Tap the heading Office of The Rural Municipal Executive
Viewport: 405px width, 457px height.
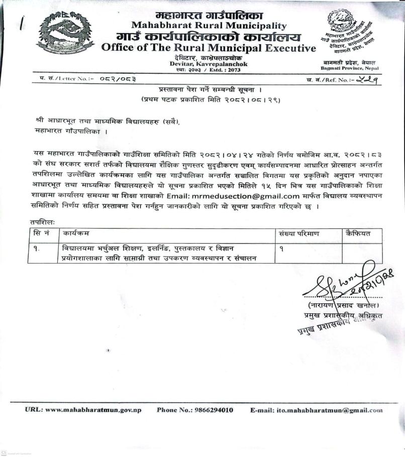pos(209,48)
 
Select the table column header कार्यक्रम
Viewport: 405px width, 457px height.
pos(76,234)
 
